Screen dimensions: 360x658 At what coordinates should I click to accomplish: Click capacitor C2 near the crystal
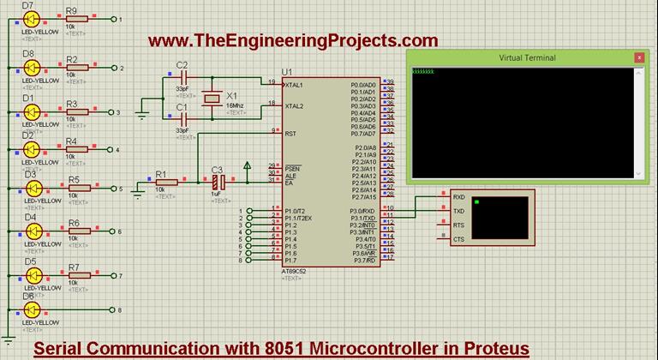tap(181, 78)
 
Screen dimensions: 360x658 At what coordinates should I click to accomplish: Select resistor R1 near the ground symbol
tap(162, 182)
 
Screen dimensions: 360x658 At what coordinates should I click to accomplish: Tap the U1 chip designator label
tap(286, 71)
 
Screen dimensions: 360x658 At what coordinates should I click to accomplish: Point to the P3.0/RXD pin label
tap(362, 211)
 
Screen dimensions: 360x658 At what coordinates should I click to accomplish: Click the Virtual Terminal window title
tap(527, 57)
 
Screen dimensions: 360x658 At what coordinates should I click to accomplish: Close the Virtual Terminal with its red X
tap(638, 57)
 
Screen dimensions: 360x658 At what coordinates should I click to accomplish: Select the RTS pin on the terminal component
tap(458, 225)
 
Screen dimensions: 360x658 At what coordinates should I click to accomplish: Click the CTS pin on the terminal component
tap(458, 239)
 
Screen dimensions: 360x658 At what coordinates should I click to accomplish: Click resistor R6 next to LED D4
tap(74, 231)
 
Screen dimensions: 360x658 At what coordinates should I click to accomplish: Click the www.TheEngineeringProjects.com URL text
tap(292, 40)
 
